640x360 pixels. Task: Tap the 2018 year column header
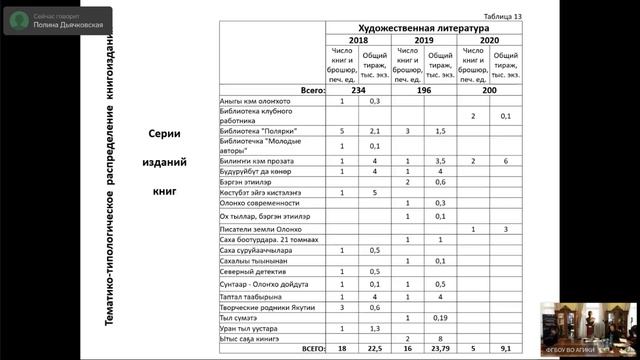357,41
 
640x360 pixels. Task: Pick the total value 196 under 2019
423,90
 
